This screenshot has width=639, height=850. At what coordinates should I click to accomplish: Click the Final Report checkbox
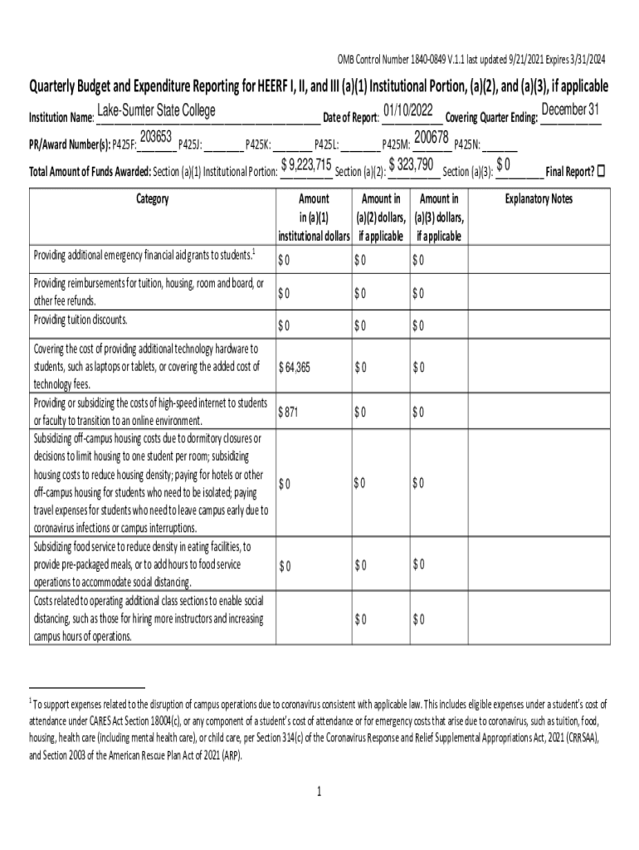pyautogui.click(x=602, y=171)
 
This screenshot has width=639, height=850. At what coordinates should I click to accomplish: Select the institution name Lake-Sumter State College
pyautogui.click(x=156, y=111)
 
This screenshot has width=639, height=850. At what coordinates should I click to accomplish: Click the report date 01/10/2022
pyautogui.click(x=409, y=110)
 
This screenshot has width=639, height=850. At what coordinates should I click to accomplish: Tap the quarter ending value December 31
pyautogui.click(x=570, y=110)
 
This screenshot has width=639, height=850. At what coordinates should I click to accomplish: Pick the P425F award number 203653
pyautogui.click(x=156, y=137)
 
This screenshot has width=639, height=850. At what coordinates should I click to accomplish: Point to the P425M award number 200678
pyautogui.click(x=432, y=137)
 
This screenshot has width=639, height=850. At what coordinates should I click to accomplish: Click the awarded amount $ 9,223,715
pyautogui.click(x=306, y=164)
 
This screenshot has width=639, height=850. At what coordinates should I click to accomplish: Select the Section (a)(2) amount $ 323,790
pyautogui.click(x=412, y=164)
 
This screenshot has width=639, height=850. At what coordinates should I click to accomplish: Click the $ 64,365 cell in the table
pyautogui.click(x=295, y=367)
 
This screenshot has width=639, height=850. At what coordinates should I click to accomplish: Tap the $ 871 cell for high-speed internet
pyautogui.click(x=288, y=412)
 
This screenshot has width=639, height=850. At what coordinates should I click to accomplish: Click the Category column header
pyautogui.click(x=152, y=199)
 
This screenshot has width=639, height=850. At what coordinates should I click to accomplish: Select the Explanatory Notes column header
pyautogui.click(x=539, y=199)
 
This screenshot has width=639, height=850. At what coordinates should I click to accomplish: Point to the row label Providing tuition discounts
pyautogui.click(x=80, y=320)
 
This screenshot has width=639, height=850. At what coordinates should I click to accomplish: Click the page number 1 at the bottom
pyautogui.click(x=319, y=791)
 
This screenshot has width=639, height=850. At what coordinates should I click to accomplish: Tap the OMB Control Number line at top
pyautogui.click(x=471, y=59)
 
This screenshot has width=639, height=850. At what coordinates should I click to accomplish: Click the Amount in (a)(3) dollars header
pyautogui.click(x=440, y=217)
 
